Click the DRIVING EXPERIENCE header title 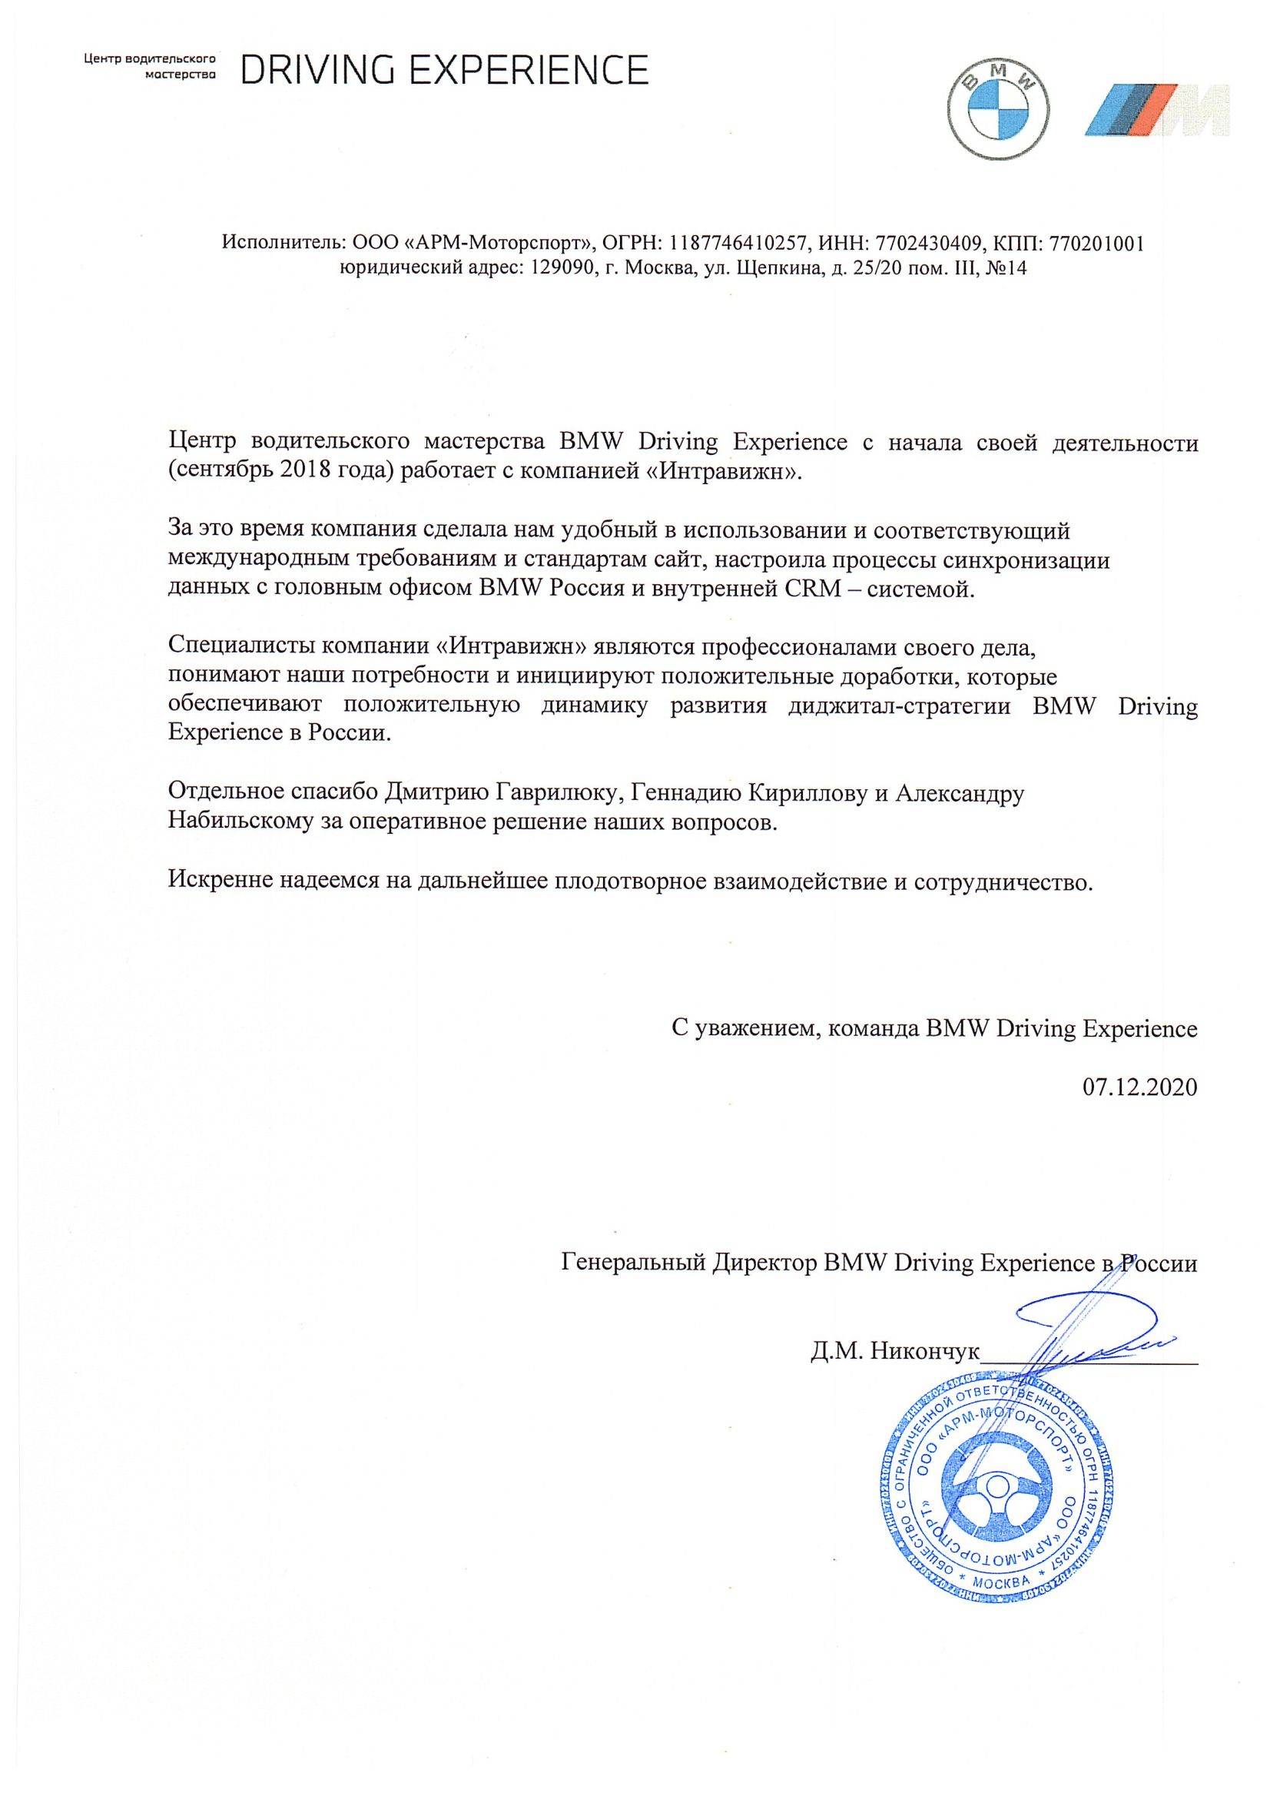(444, 71)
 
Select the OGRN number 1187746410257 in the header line (738, 244)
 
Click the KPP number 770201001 (1096, 244)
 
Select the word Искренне (220, 880)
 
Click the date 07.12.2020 (1139, 1087)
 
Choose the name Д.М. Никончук (894, 1351)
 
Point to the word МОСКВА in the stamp (1001, 1583)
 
